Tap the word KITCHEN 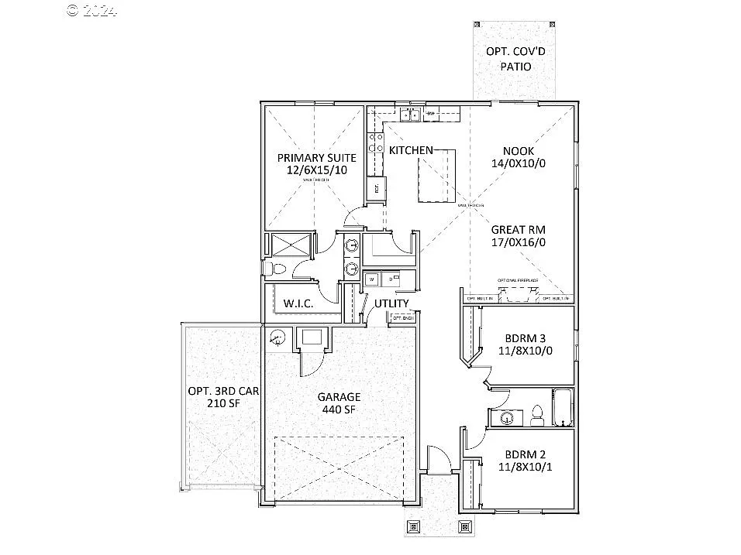tap(411, 149)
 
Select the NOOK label tap(519, 151)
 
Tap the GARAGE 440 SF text tap(339, 403)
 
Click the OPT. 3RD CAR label tap(223, 391)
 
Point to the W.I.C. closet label tap(298, 303)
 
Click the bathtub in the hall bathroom tap(562, 408)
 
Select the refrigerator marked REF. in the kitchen tap(376, 188)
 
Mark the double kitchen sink tap(410, 116)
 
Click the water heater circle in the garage tap(277, 337)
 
